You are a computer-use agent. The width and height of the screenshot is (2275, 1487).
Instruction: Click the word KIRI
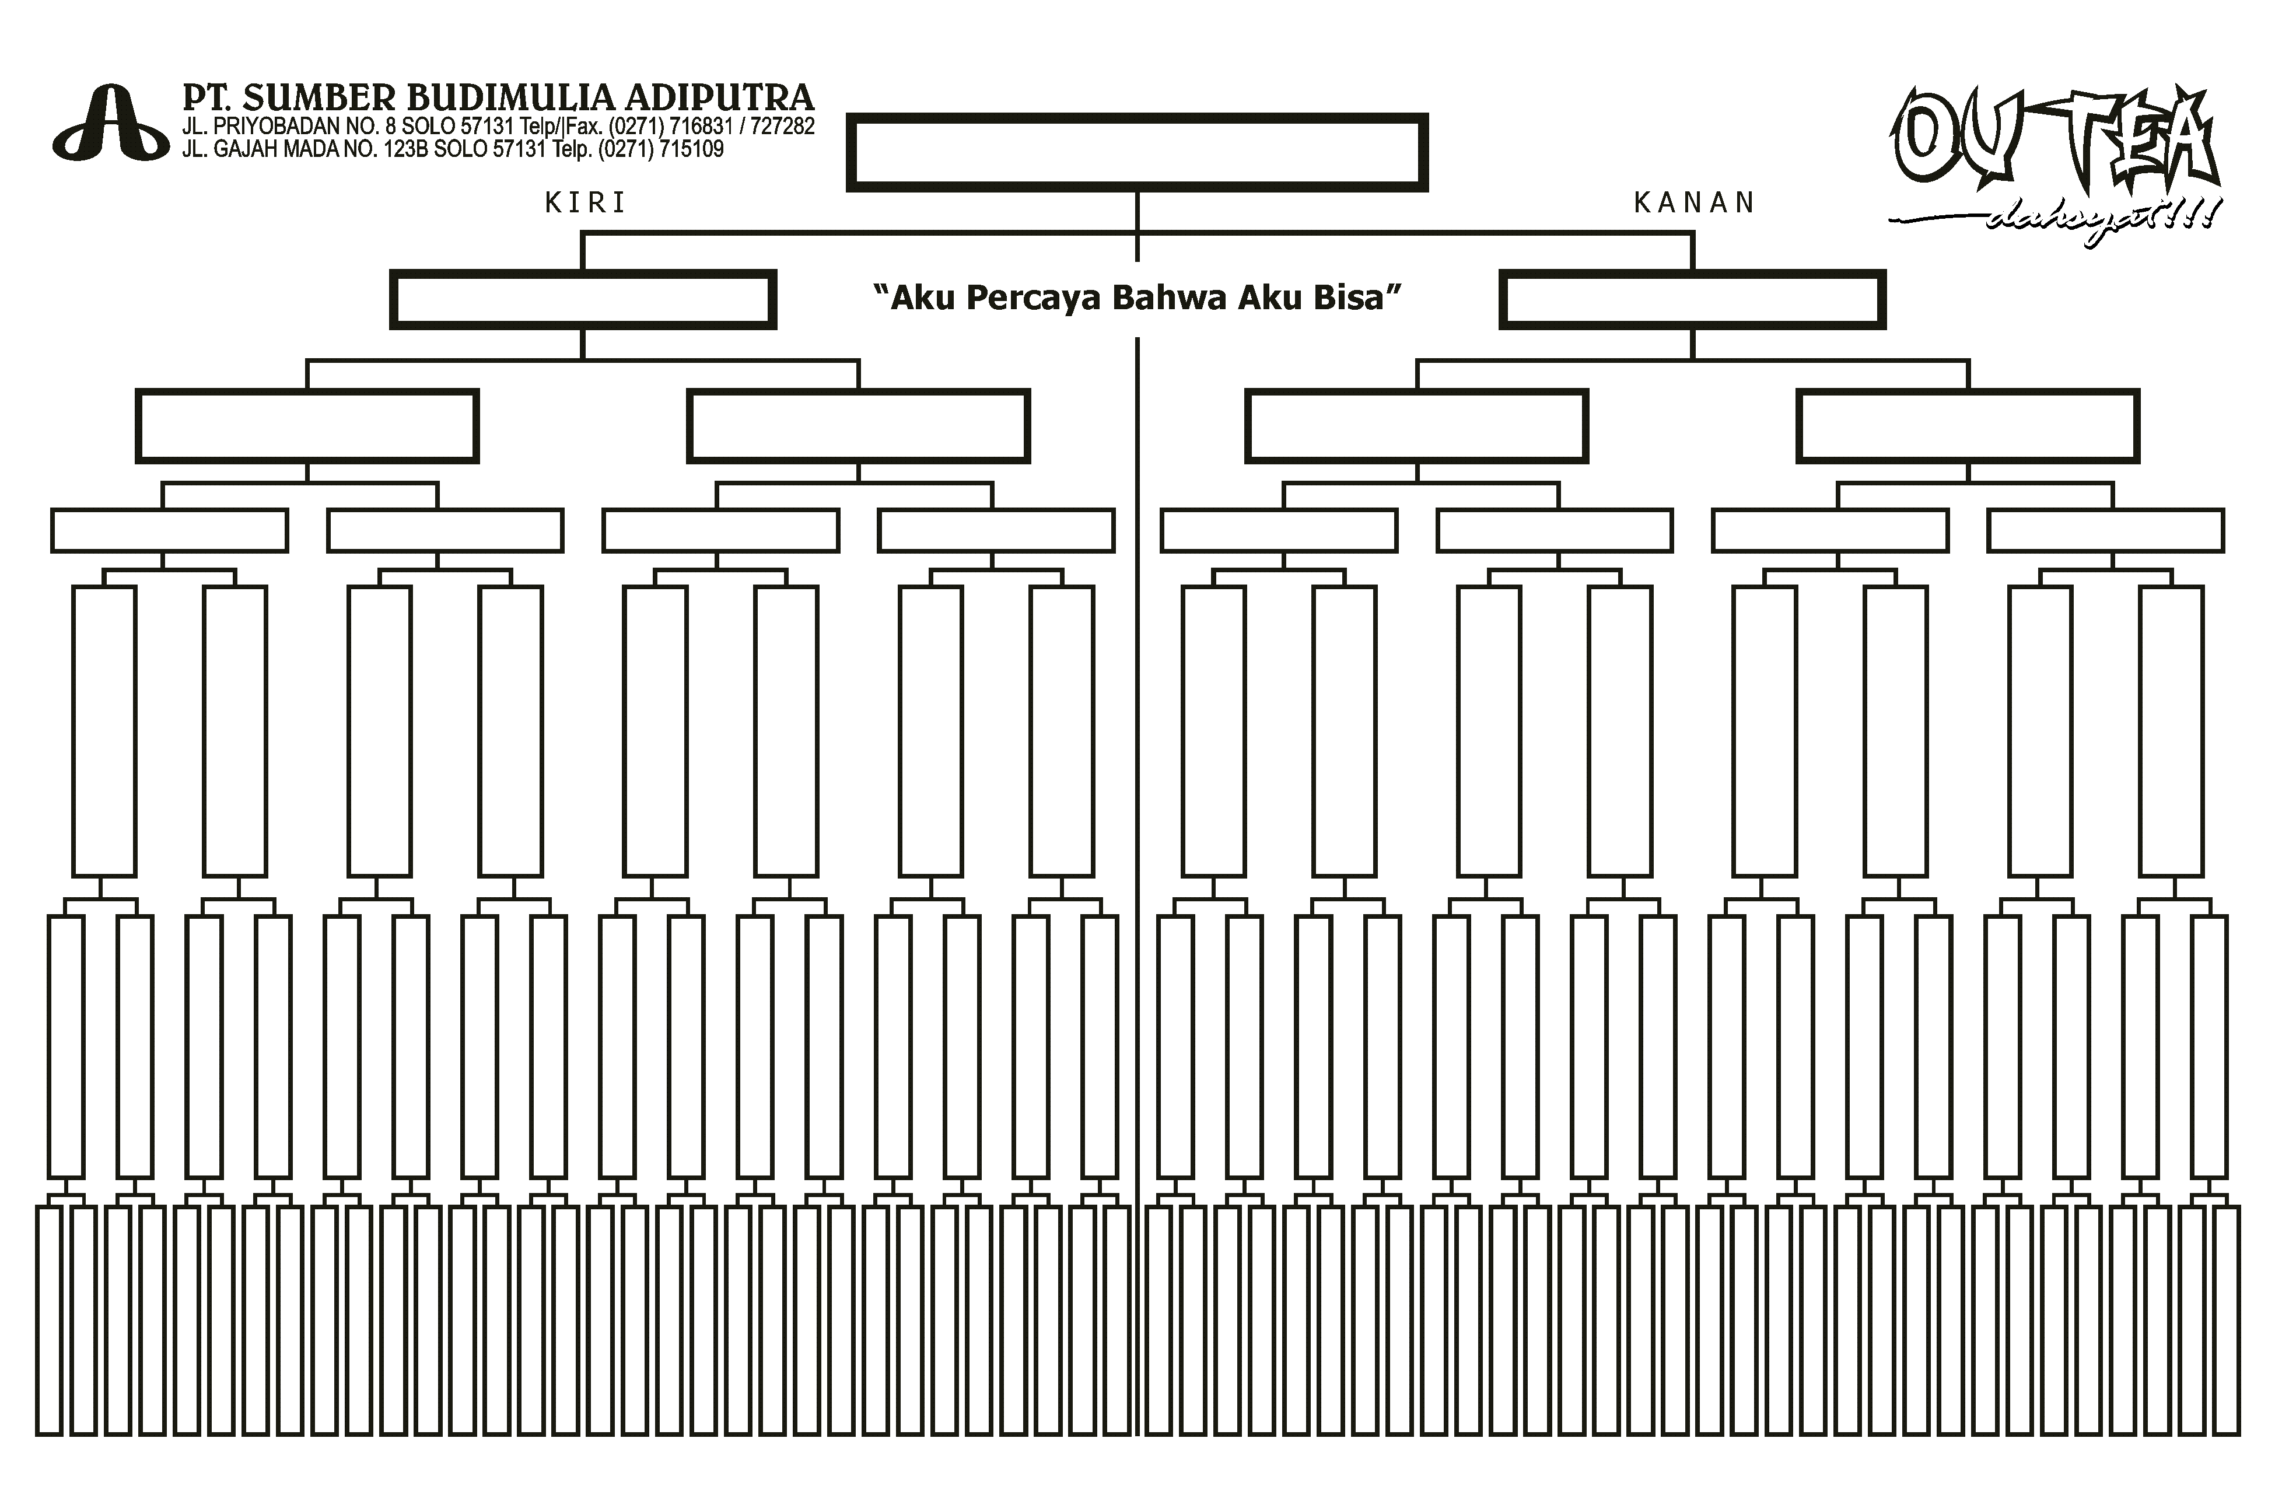click(x=585, y=202)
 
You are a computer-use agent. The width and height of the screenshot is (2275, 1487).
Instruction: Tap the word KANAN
click(x=1694, y=202)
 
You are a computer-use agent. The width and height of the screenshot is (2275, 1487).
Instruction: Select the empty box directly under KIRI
click(x=583, y=274)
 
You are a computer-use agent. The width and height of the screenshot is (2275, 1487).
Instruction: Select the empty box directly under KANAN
click(x=1692, y=274)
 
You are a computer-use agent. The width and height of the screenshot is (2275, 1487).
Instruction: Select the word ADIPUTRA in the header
click(x=719, y=97)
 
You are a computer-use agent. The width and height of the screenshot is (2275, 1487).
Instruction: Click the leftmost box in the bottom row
click(x=50, y=1208)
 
